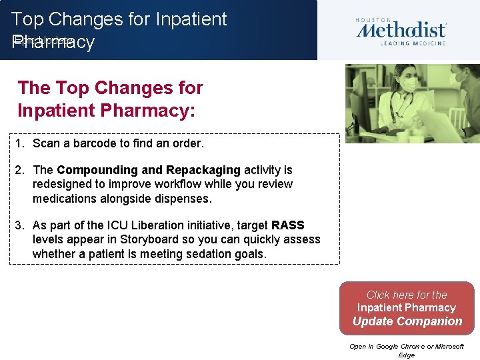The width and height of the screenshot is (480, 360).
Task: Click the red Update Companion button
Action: pos(407,308)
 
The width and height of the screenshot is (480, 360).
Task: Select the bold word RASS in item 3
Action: pos(287,225)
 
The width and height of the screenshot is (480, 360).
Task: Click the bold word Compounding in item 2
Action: pos(97,170)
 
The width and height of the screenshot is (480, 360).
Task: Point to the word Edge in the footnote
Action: pos(406,355)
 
